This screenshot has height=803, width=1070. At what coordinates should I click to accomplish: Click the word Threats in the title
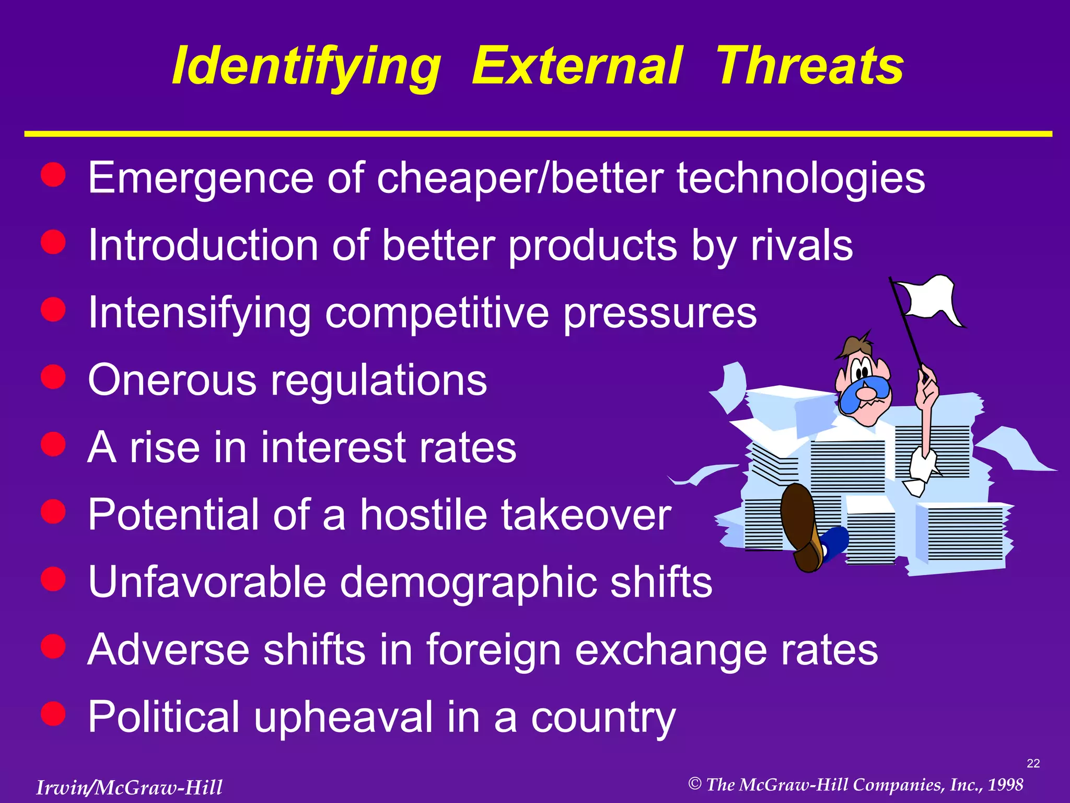coord(809,66)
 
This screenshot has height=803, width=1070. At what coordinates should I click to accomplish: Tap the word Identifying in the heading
coord(306,67)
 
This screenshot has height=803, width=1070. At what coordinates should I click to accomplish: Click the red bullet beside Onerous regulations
coord(53,376)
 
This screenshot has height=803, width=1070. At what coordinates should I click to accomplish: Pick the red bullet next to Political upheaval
coord(53,713)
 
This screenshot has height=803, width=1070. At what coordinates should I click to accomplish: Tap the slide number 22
coord(1033,764)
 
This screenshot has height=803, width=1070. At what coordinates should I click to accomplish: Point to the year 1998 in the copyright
coord(1005,785)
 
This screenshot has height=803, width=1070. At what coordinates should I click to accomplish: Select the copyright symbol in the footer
coord(694,784)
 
